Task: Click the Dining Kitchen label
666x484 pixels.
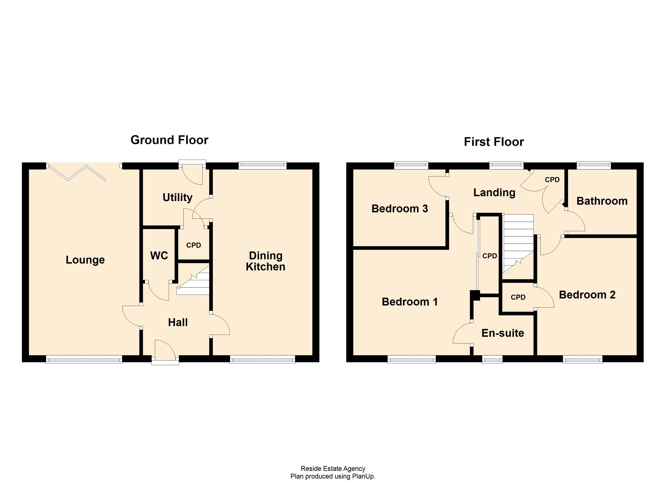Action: point(265,261)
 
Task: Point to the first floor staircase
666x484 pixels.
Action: point(518,242)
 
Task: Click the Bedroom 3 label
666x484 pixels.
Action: point(399,209)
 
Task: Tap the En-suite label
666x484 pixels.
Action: point(503,333)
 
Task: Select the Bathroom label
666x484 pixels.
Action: point(602,201)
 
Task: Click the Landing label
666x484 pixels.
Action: point(494,193)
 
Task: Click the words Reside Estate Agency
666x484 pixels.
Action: point(333,469)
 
